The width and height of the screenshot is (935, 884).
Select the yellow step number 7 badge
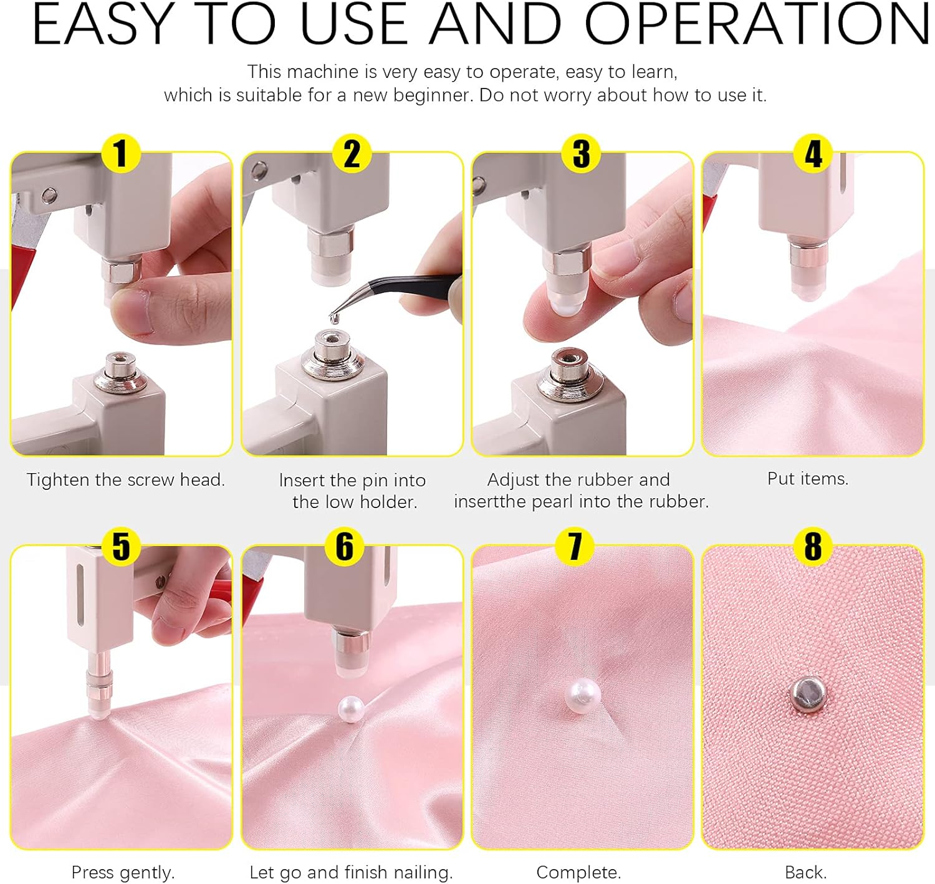pyautogui.click(x=575, y=546)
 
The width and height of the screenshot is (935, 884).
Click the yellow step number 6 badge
pyautogui.click(x=345, y=546)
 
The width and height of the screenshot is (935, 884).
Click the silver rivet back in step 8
pyautogui.click(x=808, y=694)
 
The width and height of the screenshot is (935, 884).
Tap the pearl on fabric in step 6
pyautogui.click(x=350, y=709)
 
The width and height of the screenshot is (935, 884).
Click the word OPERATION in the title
pyautogui.click(x=757, y=25)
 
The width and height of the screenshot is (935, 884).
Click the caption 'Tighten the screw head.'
pyautogui.click(x=126, y=480)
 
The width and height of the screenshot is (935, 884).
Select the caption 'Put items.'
pyautogui.click(x=808, y=479)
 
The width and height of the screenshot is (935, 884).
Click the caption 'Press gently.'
pyautogui.click(x=123, y=872)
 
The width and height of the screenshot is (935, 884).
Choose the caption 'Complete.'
pyautogui.click(x=578, y=872)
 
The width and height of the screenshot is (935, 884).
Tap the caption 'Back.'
pyautogui.click(x=805, y=872)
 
